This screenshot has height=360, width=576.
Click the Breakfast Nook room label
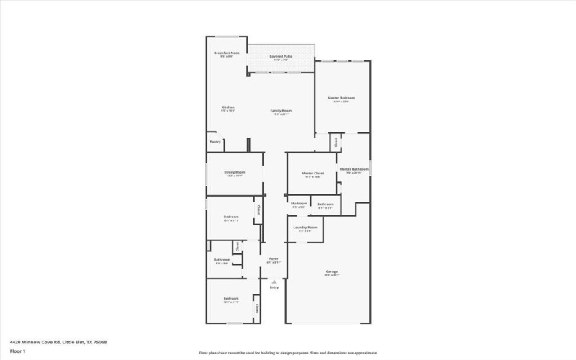[226, 53]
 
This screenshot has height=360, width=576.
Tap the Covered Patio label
[281, 56]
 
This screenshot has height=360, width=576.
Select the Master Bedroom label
[341, 98]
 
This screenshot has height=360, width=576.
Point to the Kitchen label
[228, 108]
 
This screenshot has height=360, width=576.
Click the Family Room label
[281, 110]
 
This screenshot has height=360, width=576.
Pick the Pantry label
[215, 142]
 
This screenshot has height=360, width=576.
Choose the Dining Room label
[235, 172]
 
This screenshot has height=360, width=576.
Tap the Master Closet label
[312, 174]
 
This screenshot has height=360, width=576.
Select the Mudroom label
[300, 204]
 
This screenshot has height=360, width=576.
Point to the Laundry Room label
[303, 228]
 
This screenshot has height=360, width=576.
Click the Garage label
[331, 271]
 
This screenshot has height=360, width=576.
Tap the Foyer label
[274, 259]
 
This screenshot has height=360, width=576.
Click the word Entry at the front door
[274, 288]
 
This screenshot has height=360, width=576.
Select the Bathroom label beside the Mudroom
[325, 204]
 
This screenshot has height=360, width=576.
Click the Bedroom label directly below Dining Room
[231, 217]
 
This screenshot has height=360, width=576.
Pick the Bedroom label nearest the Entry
[230, 298]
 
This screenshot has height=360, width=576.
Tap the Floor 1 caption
[18, 351]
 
